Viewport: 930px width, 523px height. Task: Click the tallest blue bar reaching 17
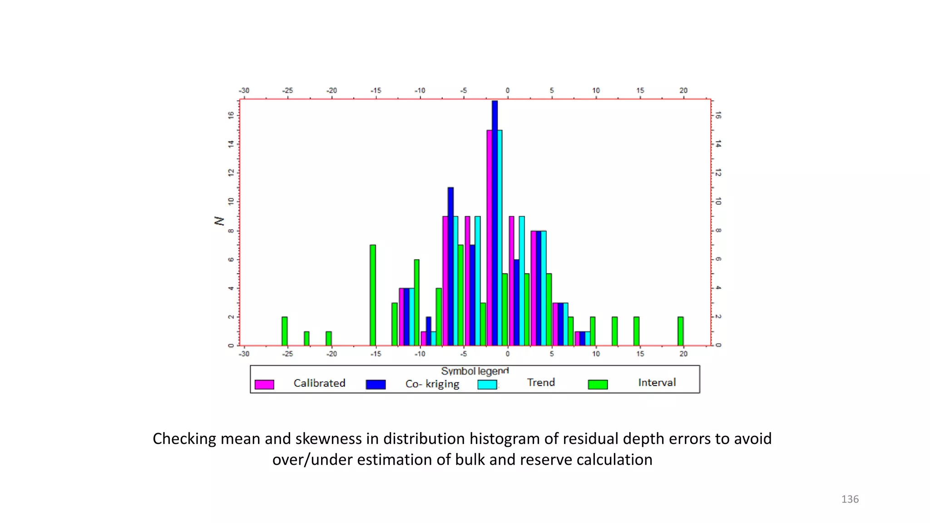point(495,222)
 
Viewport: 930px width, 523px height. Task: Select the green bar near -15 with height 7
point(373,295)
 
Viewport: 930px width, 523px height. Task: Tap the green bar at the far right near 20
point(680,331)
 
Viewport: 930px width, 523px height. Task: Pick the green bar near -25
point(285,331)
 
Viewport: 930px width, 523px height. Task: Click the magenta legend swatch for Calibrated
point(264,385)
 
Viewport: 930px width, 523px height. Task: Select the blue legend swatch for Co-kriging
point(376,385)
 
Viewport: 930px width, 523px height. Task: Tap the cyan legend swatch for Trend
point(487,385)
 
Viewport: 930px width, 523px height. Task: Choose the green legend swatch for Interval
point(598,385)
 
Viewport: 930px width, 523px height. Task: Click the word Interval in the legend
point(657,382)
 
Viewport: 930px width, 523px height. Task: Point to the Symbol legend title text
point(475,371)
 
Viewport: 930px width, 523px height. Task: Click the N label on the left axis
point(219,221)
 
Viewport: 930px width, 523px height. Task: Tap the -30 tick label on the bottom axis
point(244,354)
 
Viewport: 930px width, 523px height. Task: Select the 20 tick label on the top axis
point(683,90)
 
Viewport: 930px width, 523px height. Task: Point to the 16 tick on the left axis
point(231,115)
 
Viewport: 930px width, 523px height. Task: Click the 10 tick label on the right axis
point(718,201)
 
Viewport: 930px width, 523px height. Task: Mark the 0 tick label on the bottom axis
point(508,354)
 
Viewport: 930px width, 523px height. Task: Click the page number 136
point(850,499)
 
